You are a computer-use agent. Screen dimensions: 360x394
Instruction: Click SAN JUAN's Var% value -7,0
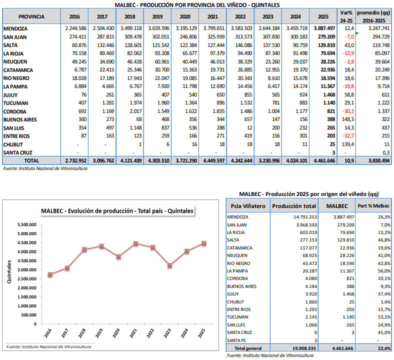coord(348,37)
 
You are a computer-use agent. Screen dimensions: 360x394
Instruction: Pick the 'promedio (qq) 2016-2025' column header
coord(374,16)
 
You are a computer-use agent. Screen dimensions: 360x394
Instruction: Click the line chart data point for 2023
coord(170,265)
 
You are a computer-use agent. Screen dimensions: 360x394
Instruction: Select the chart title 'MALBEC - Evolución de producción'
coord(116,211)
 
